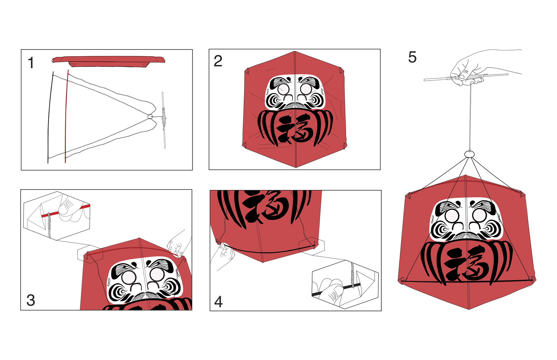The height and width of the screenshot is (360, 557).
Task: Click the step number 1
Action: [x=31, y=63]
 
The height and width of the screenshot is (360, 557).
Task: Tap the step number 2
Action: [x=218, y=61]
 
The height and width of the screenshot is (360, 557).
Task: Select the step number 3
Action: [x=31, y=300]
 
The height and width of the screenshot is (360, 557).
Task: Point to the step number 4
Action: [x=218, y=302]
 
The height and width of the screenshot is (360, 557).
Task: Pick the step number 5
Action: [x=412, y=57]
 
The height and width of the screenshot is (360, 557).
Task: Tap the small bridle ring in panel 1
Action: [x=150, y=117]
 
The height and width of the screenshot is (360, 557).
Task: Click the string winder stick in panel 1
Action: [x=164, y=120]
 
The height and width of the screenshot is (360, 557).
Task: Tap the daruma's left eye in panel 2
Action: [x=283, y=89]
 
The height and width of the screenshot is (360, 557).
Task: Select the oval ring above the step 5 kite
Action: [x=469, y=154]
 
